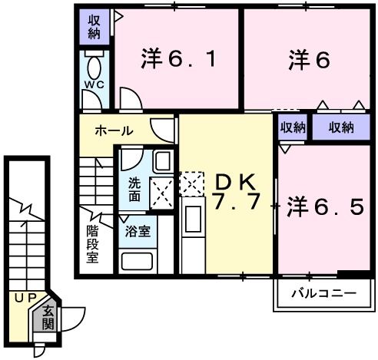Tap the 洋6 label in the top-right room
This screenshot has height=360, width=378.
tap(309, 59)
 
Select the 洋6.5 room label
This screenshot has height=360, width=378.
tap(324, 206)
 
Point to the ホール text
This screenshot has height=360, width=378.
tap(114, 131)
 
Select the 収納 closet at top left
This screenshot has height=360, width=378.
tap(94, 27)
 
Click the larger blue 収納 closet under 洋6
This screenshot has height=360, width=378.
tap(342, 127)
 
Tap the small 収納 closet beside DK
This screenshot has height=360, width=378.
tap(292, 127)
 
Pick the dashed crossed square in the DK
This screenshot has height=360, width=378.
tap(191, 183)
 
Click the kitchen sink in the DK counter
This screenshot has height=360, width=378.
tap(194, 219)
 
